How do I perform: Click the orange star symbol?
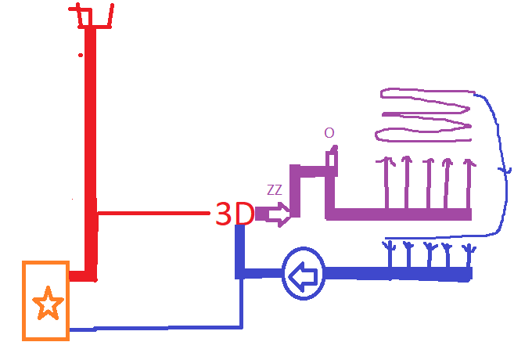pyautogui.click(x=48, y=303)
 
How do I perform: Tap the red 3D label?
pyautogui.click(x=234, y=214)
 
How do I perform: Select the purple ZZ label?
pyautogui.click(x=275, y=189)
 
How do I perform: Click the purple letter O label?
pyautogui.click(x=329, y=133)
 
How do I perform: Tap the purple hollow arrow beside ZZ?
pyautogui.click(x=274, y=214)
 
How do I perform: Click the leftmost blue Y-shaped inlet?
pyautogui.click(x=389, y=255)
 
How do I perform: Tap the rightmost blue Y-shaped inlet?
pyautogui.click(x=468, y=255)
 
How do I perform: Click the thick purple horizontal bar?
pyautogui.click(x=399, y=214)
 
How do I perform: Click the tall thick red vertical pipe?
pyautogui.click(x=91, y=149)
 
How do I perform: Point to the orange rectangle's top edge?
pyautogui.click(x=45, y=263)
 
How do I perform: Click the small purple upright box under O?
pyautogui.click(x=332, y=158)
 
